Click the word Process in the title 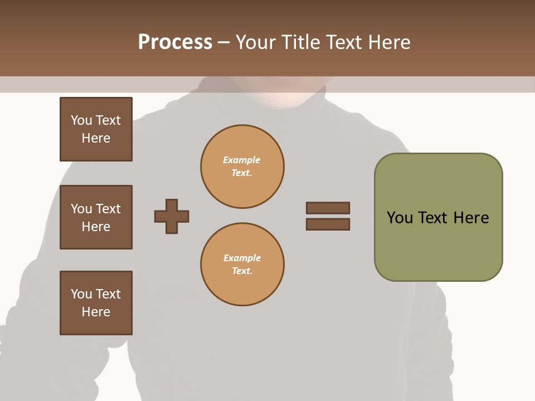[x=175, y=42]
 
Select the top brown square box [x=96, y=129]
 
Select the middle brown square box [x=96, y=217]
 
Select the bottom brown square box [x=96, y=303]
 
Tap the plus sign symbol [x=172, y=216]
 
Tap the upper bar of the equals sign [x=328, y=208]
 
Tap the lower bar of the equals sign [x=328, y=224]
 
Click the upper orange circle [x=242, y=167]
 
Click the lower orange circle [x=242, y=265]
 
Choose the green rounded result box [x=438, y=217]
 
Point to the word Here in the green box [x=471, y=218]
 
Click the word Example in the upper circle [x=242, y=160]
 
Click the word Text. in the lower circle [x=242, y=271]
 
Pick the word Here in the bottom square [x=96, y=312]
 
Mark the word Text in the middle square [x=109, y=209]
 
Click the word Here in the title [x=388, y=42]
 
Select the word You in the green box [x=400, y=218]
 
